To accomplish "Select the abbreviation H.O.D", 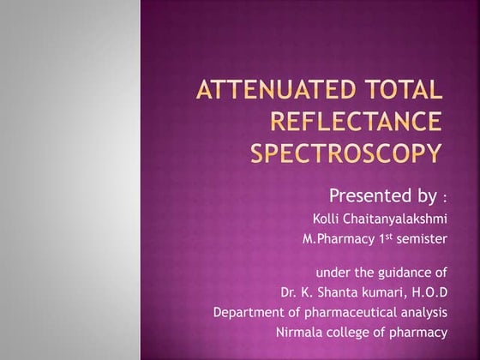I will click(x=425, y=292).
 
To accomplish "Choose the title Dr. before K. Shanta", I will click(x=290, y=292).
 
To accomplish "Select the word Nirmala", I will click(x=299, y=332).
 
